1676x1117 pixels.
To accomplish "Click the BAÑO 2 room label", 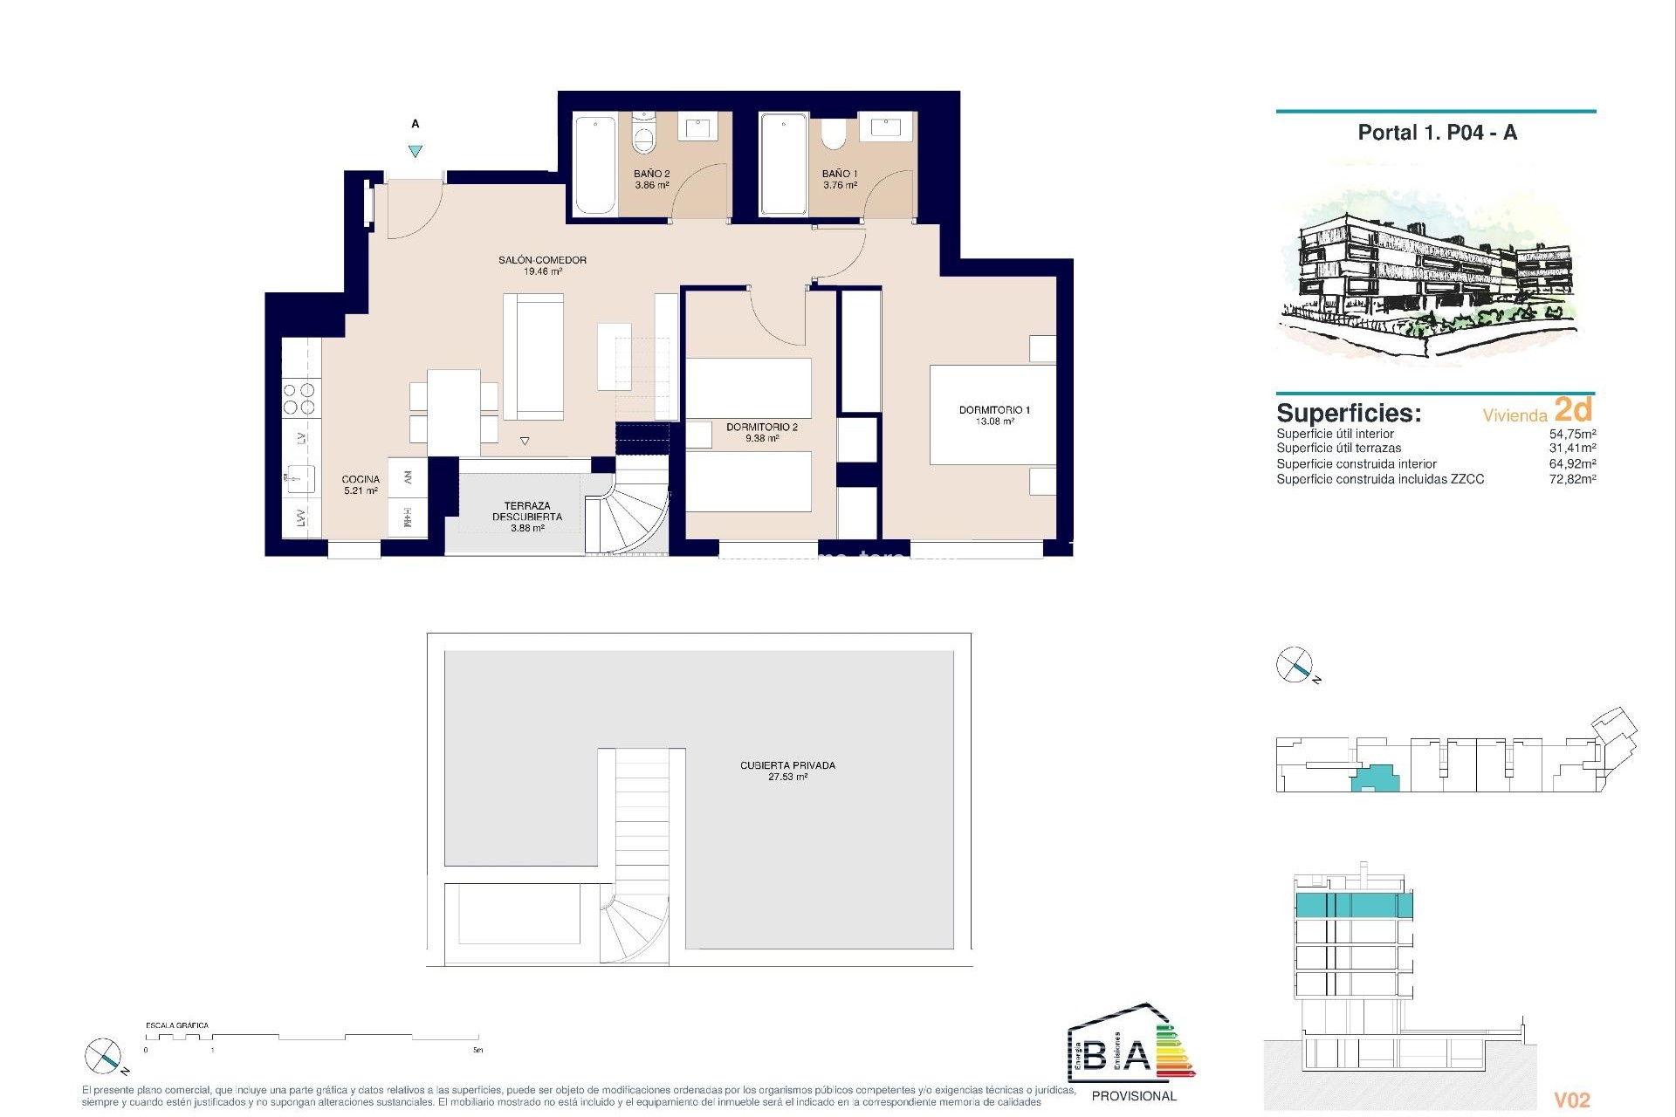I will tap(651, 174).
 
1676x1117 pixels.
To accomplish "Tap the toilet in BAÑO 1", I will tap(833, 134).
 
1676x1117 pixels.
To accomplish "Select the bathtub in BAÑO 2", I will tap(595, 164).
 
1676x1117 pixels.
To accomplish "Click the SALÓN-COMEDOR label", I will tap(542, 260).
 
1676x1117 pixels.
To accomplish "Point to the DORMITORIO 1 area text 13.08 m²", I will tap(994, 421).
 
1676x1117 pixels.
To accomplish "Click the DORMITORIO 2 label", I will tap(761, 427).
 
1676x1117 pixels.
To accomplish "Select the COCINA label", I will tap(361, 479).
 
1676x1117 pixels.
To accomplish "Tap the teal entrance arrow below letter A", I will tap(416, 151).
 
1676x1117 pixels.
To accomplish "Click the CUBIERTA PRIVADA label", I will tap(787, 765).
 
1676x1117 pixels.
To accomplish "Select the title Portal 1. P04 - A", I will tap(1437, 133).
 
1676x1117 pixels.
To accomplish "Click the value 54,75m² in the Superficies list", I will tap(1572, 434).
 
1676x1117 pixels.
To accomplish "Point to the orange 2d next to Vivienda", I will tap(1573, 409).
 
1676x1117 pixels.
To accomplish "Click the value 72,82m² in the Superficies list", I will tap(1572, 479).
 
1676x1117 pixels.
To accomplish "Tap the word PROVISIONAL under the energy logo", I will tap(1134, 1096).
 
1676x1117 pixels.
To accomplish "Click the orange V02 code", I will tap(1572, 1100).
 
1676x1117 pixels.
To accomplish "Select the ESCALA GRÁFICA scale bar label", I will tap(177, 1025).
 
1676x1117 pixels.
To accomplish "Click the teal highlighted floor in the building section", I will tap(1353, 905).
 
